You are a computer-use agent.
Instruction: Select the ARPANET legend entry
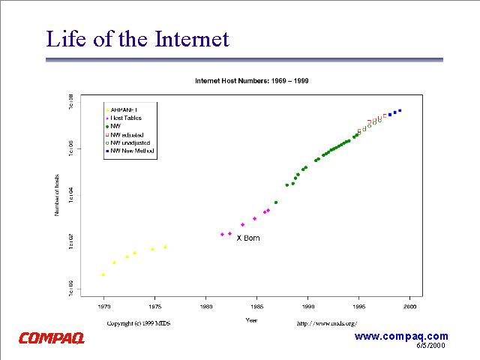127,109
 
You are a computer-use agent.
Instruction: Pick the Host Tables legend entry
127,118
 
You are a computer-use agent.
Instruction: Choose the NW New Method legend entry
133,151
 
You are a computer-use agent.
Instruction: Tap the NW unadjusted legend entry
130,142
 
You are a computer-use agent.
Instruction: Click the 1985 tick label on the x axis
256,307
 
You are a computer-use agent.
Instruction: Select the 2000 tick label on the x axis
410,307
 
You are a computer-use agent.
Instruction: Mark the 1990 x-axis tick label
308,307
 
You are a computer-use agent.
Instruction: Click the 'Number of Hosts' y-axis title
57,195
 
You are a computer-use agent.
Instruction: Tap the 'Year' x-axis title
252,320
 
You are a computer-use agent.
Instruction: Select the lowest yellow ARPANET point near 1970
103,274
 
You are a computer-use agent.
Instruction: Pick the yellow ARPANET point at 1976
165,247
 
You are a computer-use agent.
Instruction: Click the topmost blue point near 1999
400,110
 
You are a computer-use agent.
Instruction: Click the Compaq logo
52,338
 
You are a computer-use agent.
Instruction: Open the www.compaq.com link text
400,337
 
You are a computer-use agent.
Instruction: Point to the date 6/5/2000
432,346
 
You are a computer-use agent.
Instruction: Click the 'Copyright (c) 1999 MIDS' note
142,323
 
